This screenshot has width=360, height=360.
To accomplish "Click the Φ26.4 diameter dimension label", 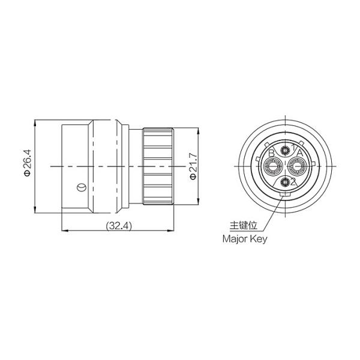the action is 28,163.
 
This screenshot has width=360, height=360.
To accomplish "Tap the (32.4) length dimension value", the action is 119,226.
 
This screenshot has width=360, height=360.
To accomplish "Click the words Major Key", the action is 245,239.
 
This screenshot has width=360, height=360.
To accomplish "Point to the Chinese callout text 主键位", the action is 244,225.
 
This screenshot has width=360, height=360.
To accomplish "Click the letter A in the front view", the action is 300,152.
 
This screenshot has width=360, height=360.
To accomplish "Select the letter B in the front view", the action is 271,153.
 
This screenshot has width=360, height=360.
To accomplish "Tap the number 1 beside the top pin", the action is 293,147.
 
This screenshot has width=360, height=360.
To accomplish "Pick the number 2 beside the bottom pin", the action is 293,182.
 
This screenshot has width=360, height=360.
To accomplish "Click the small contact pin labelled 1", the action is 286,151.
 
